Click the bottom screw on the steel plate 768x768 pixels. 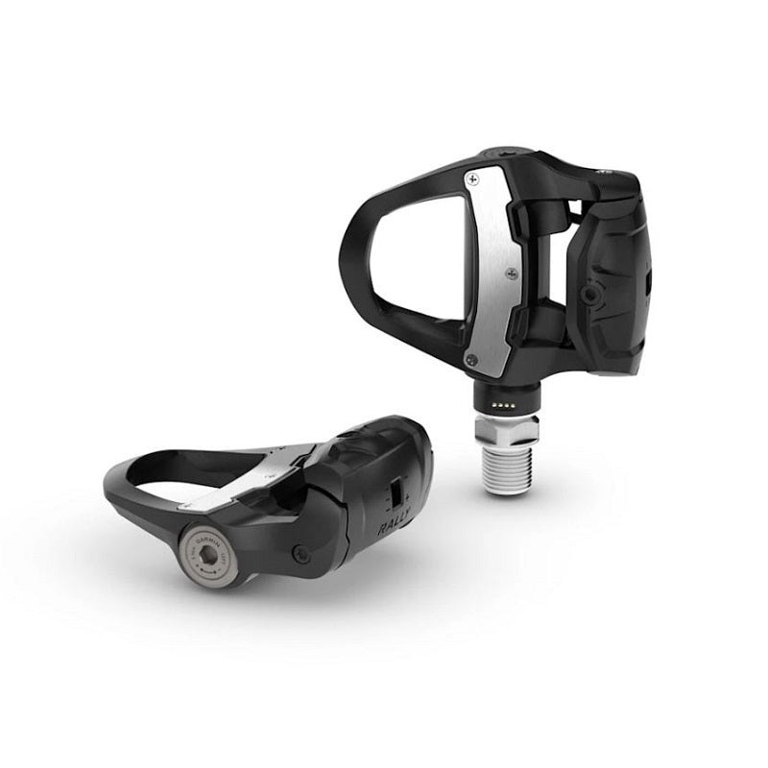(470, 359)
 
